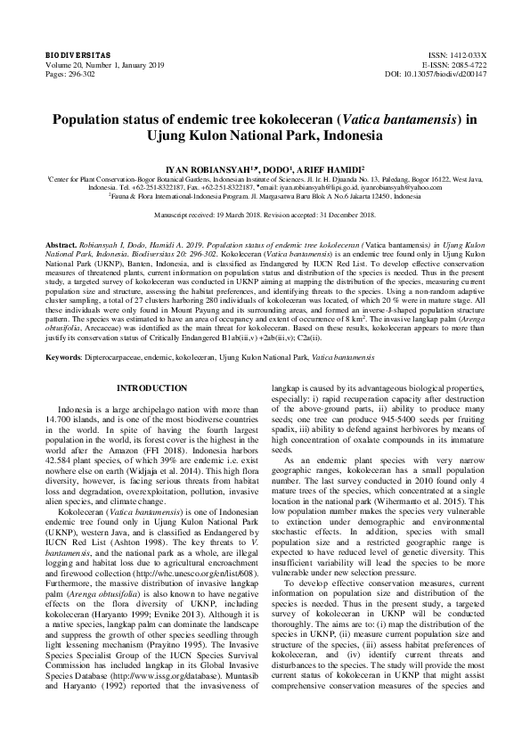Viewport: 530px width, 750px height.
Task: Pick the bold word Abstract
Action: click(61, 243)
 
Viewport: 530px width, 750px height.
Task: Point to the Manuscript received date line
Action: click(265, 216)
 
